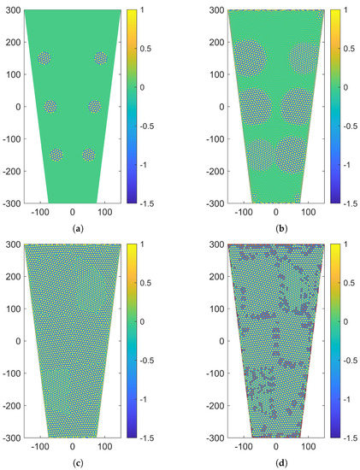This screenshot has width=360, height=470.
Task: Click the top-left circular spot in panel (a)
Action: click(44, 58)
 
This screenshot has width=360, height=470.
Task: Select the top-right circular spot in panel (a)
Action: click(101, 58)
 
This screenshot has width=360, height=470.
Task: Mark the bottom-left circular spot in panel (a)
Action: click(56, 155)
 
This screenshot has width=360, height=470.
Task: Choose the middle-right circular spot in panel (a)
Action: click(95, 107)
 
